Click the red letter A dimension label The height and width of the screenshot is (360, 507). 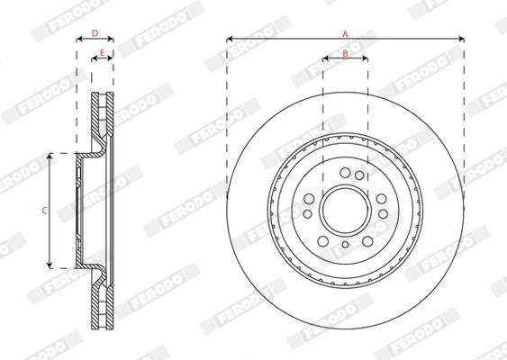[345, 33]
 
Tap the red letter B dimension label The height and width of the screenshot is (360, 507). [345, 53]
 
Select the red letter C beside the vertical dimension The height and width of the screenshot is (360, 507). [44, 211]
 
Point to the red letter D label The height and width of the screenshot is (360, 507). [95, 33]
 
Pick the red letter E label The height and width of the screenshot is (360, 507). [102, 52]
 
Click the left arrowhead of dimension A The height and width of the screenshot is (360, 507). [230, 39]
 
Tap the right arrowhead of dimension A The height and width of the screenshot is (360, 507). [461, 39]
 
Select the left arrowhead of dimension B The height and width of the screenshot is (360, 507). [326, 58]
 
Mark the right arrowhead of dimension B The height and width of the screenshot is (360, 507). [365, 58]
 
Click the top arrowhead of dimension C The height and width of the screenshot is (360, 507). [50, 156]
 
